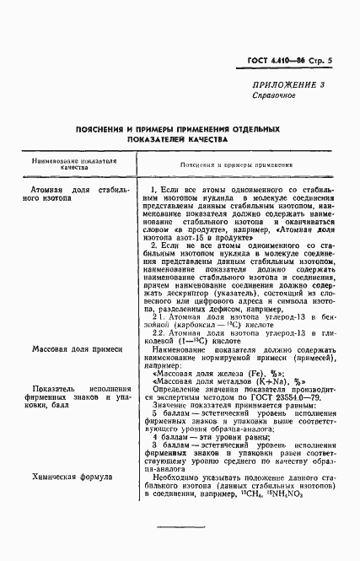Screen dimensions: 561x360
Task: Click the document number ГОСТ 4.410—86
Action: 277,60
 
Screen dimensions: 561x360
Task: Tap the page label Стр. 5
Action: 321,60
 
